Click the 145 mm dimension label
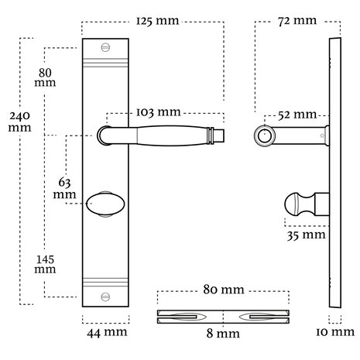coord(44,263)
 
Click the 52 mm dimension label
coord(297,115)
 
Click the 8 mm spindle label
coord(222,334)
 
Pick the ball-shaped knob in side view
coord(294,205)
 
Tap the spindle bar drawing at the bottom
coord(223,316)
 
